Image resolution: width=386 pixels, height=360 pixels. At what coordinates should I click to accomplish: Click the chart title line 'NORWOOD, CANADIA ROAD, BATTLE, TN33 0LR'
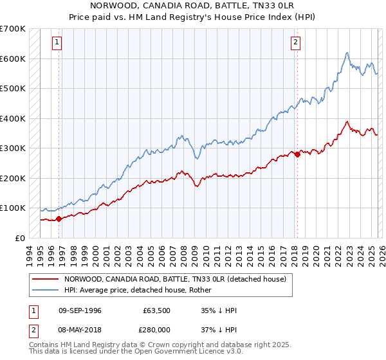coord(193,5)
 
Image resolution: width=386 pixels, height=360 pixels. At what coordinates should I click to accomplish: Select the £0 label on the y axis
coord(21,238)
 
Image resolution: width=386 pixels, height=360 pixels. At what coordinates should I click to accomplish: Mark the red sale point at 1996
coord(59,219)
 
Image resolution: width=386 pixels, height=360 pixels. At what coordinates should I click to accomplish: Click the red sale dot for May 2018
coord(297,154)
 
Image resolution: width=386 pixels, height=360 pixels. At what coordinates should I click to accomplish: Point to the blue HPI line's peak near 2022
coord(347,53)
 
